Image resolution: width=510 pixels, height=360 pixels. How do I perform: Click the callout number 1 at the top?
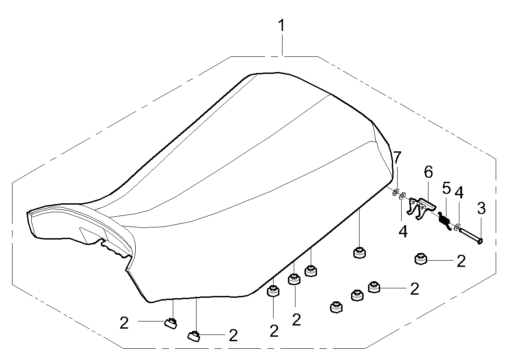(282, 26)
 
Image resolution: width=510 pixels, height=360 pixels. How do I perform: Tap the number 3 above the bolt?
(481, 209)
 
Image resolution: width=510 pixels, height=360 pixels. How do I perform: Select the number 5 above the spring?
(446, 188)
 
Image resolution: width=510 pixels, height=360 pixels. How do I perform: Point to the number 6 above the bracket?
(429, 172)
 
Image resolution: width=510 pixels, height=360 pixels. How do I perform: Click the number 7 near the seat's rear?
(397, 158)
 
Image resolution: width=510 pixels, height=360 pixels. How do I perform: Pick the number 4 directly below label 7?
(403, 231)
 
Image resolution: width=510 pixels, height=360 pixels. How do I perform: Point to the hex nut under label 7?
(396, 193)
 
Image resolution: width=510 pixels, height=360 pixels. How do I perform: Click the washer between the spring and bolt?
(457, 227)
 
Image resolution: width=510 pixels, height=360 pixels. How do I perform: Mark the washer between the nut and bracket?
(403, 196)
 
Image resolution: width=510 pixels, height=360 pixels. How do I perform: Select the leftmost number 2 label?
(124, 323)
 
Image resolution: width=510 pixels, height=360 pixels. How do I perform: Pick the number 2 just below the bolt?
(461, 261)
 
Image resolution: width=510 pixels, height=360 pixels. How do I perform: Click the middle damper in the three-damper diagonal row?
(356, 296)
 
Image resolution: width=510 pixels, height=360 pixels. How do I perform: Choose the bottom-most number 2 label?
(233, 335)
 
